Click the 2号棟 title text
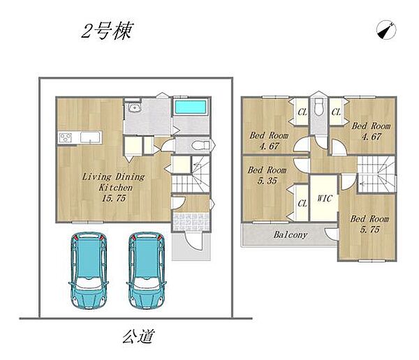click(x=107, y=31)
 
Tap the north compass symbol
click(x=386, y=29)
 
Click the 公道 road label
click(x=139, y=336)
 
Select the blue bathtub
click(x=191, y=107)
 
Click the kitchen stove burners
click(x=66, y=138)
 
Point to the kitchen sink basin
click(x=90, y=137)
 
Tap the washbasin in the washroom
click(x=133, y=107)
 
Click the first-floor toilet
click(x=201, y=146)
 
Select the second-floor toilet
click(x=319, y=107)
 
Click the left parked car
click(x=89, y=270)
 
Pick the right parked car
click(x=147, y=270)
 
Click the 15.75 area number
click(x=114, y=198)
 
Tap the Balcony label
click(x=291, y=234)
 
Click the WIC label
click(x=325, y=198)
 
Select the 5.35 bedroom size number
click(x=267, y=181)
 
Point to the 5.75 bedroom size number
click(x=370, y=230)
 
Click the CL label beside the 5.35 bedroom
click(x=302, y=204)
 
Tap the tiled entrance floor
click(x=191, y=222)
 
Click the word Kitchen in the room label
click(x=115, y=188)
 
